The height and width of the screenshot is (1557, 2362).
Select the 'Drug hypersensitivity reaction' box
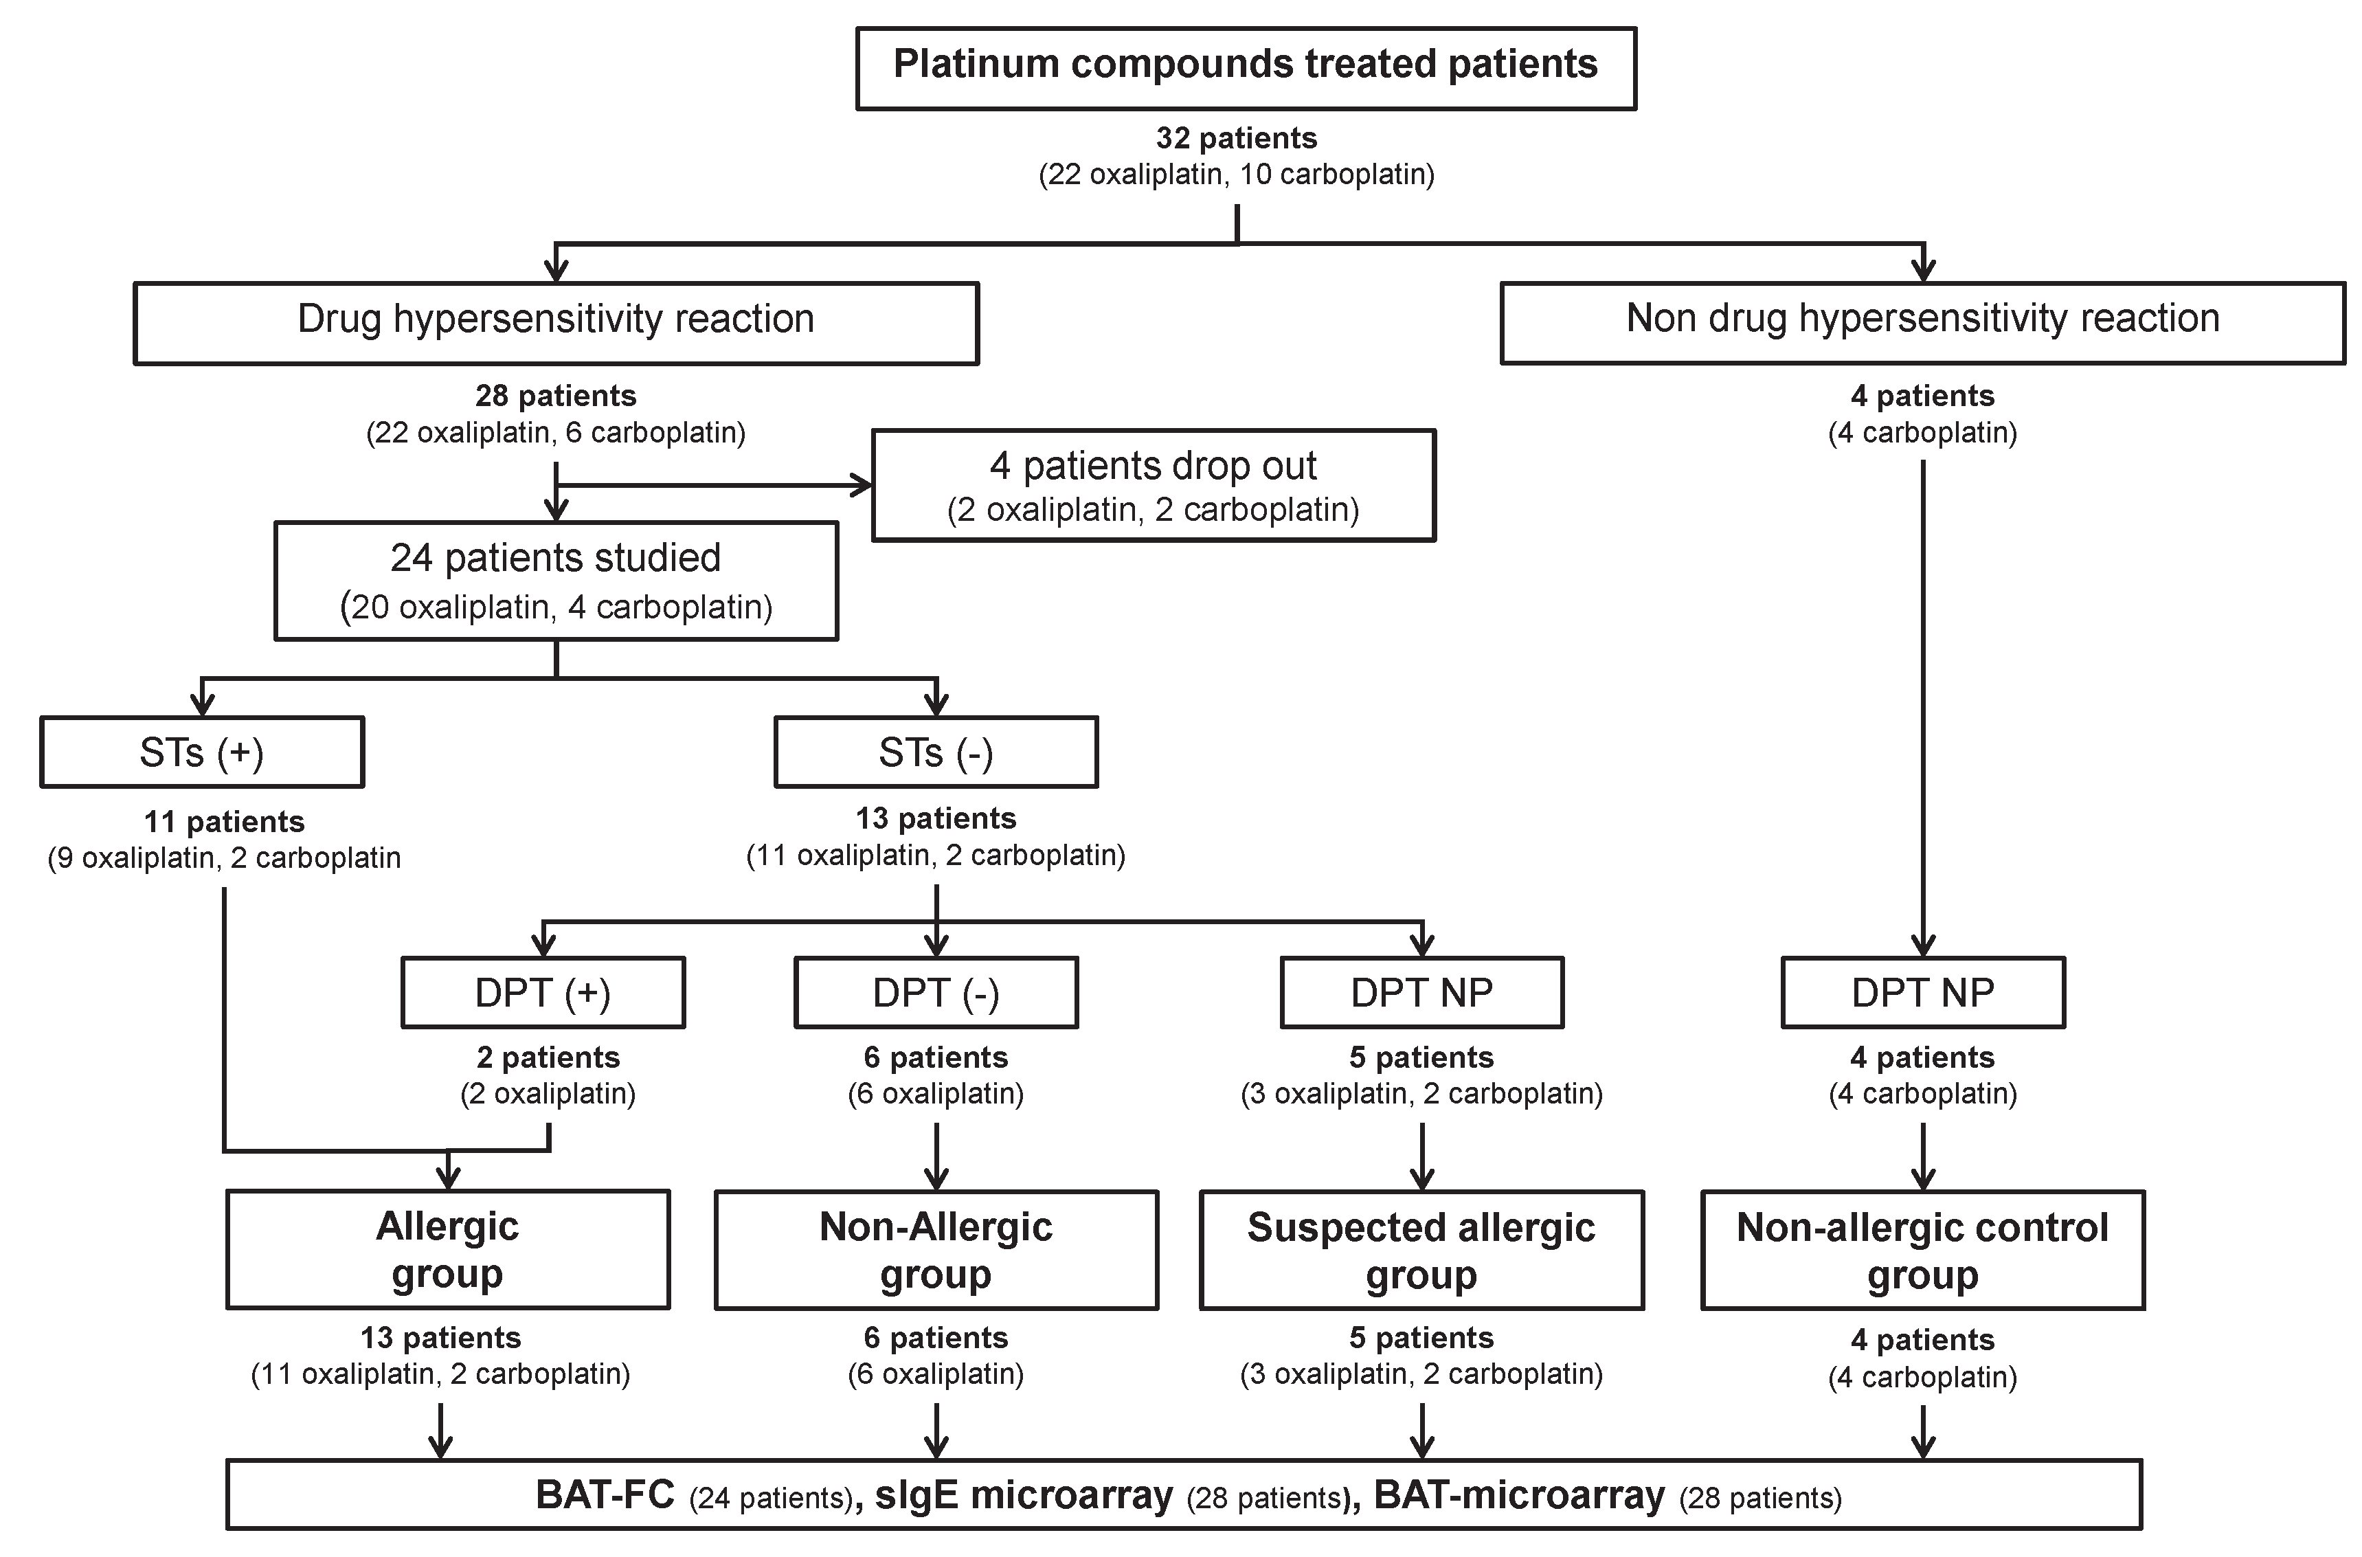click(556, 323)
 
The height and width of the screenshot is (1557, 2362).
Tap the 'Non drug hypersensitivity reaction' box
click(1922, 323)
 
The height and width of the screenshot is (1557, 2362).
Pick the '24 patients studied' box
click(556, 580)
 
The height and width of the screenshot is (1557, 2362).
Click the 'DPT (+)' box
click(542, 992)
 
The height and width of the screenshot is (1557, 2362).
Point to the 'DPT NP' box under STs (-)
click(1421, 992)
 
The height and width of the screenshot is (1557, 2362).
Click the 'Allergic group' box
click(448, 1249)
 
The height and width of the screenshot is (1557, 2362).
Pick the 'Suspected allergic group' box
click(1421, 1249)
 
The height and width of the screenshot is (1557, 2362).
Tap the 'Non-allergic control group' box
click(1922, 1249)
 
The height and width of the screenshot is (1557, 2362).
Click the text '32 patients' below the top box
click(1236, 138)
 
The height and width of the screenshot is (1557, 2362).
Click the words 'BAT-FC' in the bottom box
click(605, 1494)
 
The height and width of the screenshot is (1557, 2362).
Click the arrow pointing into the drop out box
click(859, 486)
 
